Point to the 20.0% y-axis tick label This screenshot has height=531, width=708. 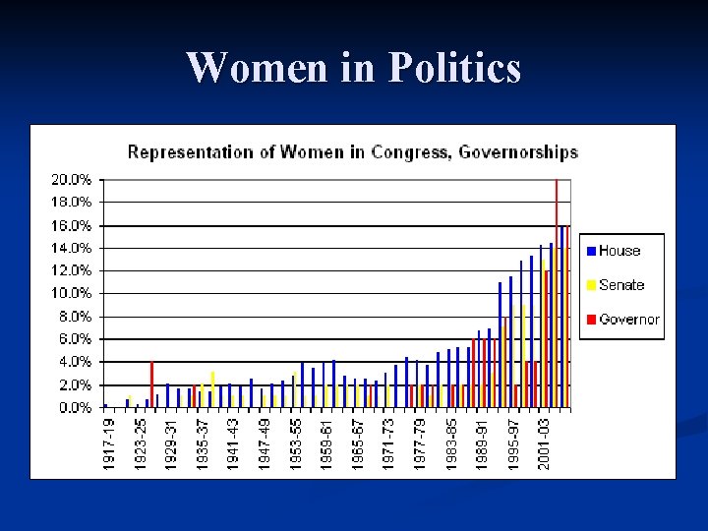[x=71, y=180]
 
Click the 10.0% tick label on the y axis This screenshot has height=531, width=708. [x=71, y=293]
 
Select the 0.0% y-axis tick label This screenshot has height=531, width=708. [x=74, y=407]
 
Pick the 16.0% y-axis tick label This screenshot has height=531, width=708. [x=71, y=225]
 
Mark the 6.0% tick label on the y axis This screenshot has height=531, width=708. [x=74, y=339]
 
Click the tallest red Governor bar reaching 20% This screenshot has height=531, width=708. [x=557, y=293]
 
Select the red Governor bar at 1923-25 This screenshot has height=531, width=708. [x=151, y=384]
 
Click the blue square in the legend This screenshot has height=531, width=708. [x=590, y=251]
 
